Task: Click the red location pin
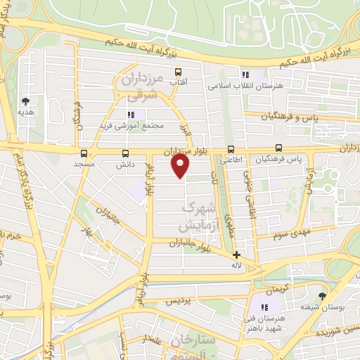point(181,166)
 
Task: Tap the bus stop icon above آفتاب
point(178,71)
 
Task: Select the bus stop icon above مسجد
point(84,153)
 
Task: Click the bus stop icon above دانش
point(126,153)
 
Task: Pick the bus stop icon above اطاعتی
point(231,148)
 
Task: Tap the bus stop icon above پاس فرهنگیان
point(279,148)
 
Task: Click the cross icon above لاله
point(236,255)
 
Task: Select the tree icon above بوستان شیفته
point(323,296)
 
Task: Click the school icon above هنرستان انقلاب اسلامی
point(245,74)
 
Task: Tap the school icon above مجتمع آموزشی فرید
point(131,115)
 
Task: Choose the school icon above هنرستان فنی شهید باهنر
point(266,307)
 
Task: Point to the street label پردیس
point(179,300)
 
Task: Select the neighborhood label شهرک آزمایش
point(198,217)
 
